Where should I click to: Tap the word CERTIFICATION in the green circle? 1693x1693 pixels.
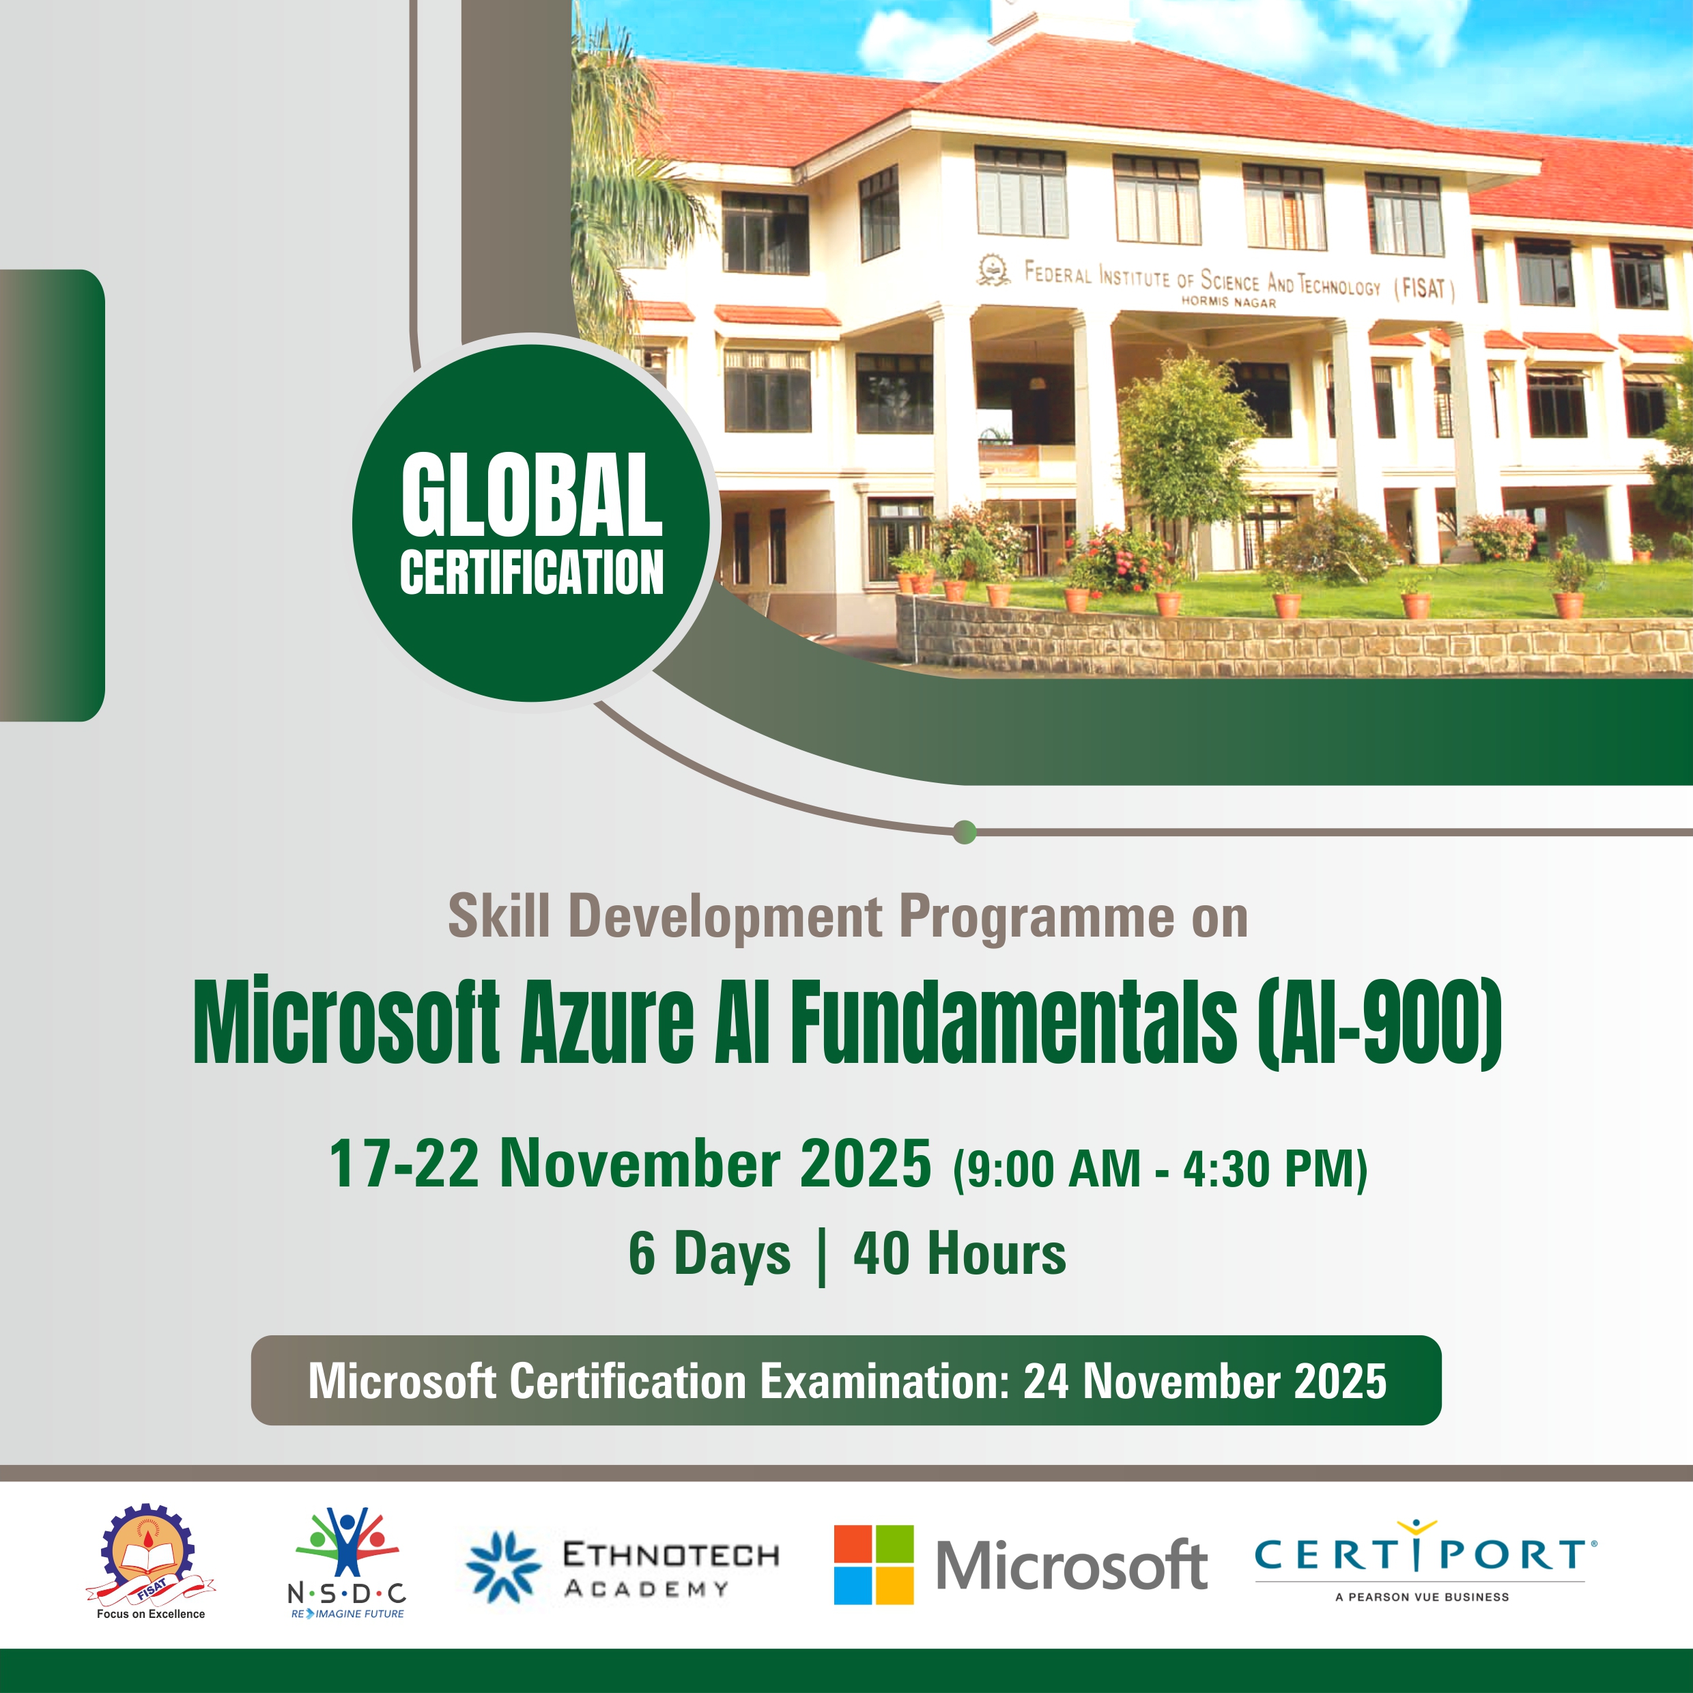coord(531,572)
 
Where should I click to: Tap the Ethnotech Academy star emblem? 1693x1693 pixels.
coord(503,1567)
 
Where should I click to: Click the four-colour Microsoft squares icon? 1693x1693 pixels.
coord(873,1565)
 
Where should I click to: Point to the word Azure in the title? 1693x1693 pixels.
coord(608,1023)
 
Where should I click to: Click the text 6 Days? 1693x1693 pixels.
coord(709,1254)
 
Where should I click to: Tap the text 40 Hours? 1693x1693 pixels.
coord(960,1253)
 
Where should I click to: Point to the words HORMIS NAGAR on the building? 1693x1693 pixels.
coord(1229,302)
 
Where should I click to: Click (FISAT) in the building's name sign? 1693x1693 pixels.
coord(1425,288)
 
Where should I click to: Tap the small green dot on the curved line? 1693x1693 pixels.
coord(964,831)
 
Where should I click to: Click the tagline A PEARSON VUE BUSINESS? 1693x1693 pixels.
coord(1422,1597)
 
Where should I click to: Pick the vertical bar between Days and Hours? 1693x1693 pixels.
coord(821,1257)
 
